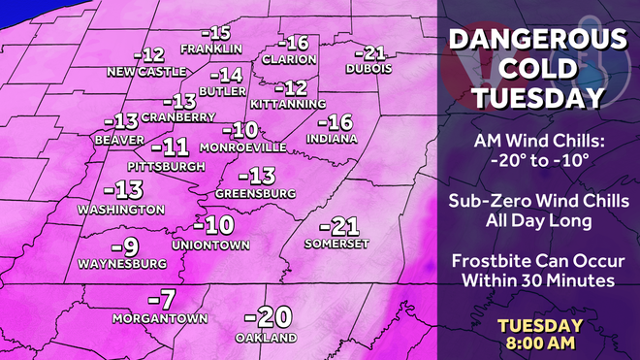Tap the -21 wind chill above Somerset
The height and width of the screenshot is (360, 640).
tap(338, 226)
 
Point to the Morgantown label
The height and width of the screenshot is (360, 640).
tap(162, 318)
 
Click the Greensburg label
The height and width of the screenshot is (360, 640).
tap(255, 194)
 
